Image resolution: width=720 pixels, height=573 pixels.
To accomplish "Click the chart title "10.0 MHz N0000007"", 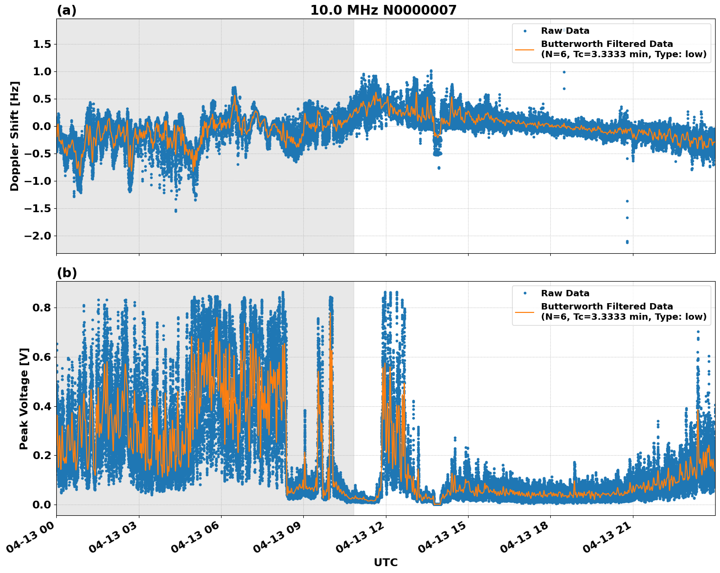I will tap(383, 10).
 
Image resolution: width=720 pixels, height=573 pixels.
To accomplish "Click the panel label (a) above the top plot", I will tap(67, 10).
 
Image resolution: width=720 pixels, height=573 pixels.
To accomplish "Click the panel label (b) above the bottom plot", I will tap(67, 273).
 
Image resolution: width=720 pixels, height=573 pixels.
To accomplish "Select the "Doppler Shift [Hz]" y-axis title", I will tap(15, 136).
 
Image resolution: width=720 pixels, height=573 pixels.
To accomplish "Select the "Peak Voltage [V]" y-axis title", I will tap(24, 398).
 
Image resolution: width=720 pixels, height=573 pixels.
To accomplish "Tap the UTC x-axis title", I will tap(385, 562).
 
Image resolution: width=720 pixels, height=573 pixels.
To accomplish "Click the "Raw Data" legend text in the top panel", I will tap(565, 31).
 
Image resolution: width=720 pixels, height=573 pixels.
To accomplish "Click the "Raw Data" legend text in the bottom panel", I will tap(565, 293).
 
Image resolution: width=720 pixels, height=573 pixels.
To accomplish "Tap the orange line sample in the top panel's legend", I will tap(524, 49).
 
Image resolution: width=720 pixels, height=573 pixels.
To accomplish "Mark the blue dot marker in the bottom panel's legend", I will tap(524, 293).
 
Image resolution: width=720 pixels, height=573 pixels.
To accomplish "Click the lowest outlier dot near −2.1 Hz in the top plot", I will tap(627, 242).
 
